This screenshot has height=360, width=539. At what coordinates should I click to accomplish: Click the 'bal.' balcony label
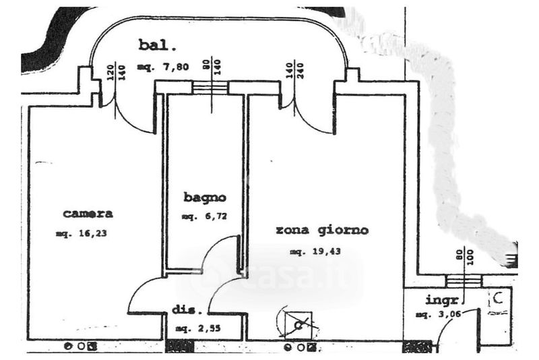point(158,46)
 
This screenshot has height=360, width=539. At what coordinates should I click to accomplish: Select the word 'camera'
point(88,214)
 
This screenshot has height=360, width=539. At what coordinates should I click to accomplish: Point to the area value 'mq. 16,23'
point(82,234)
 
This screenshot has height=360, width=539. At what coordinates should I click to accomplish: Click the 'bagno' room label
point(204,198)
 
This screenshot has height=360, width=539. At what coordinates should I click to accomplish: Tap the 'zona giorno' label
point(322,230)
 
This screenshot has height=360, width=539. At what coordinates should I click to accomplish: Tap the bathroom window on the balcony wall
point(210,88)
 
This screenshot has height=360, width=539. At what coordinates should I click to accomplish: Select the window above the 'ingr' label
point(464,281)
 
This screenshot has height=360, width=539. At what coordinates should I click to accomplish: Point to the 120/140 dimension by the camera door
point(116,72)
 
